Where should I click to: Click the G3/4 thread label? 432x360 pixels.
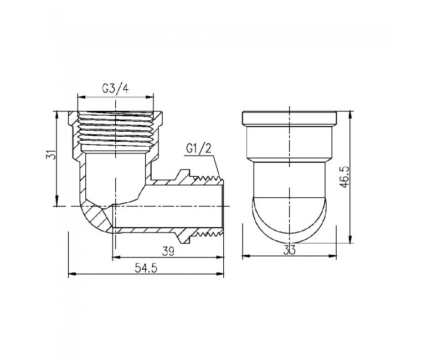[115, 89]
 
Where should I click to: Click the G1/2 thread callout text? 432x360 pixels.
[199, 149]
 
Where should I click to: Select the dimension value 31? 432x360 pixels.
[52, 155]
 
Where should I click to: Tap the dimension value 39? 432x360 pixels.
[168, 251]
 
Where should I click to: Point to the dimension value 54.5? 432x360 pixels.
[146, 268]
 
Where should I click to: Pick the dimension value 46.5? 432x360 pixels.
[344, 177]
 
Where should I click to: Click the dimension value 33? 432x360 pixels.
[289, 250]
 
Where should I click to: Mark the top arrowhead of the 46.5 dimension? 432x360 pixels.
[351, 115]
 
